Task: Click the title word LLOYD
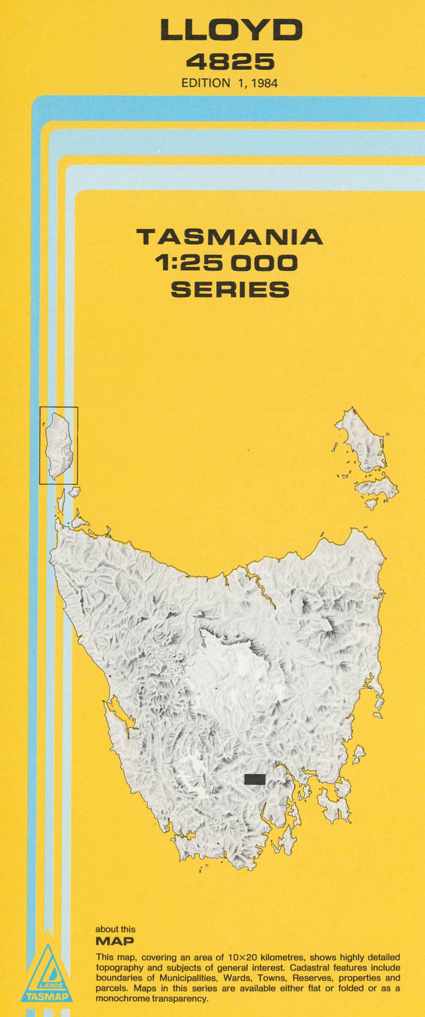[x=230, y=30]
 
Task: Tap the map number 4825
[x=230, y=62]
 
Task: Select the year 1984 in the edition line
[x=264, y=83]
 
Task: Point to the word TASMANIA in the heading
[x=229, y=237]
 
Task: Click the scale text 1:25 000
[x=226, y=263]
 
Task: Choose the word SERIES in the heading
[x=230, y=289]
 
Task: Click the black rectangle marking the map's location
[x=255, y=779]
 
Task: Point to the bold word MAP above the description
[x=114, y=941]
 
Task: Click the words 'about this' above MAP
[x=115, y=929]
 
